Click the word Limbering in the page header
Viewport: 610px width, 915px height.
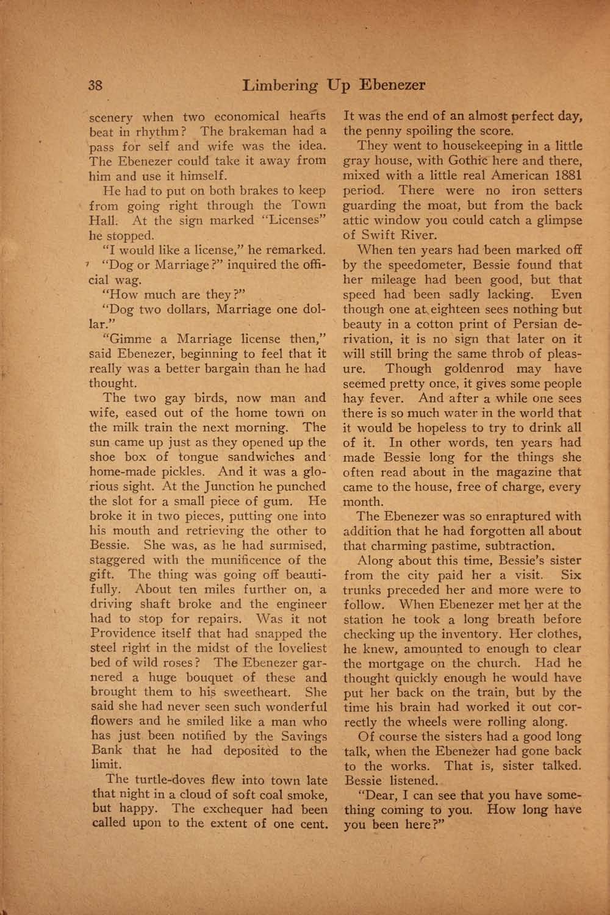click(280, 85)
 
